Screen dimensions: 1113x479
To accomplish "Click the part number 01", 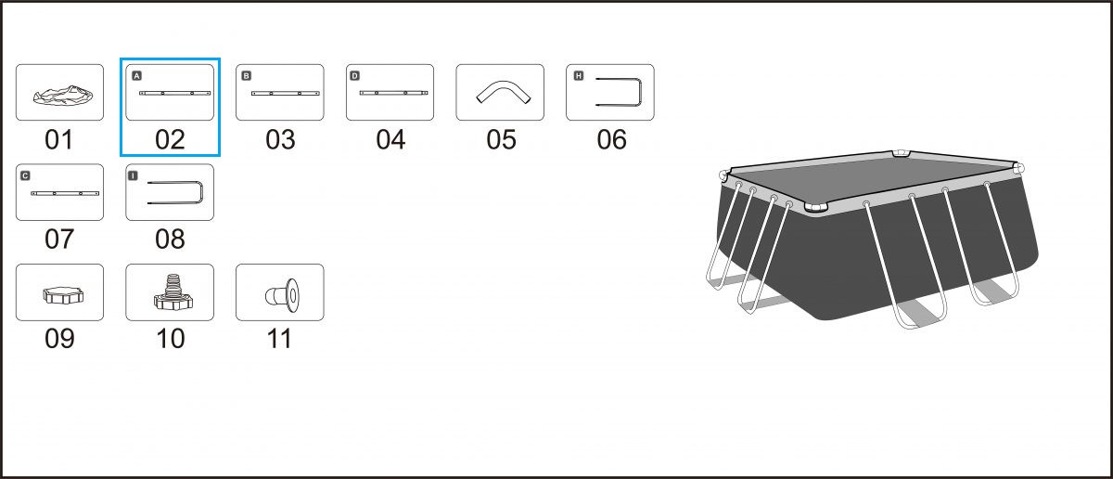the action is coord(59,140).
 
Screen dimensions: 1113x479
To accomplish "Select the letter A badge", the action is coord(137,75).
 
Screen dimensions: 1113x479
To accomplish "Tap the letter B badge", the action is coord(247,75).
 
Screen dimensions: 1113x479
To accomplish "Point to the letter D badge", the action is coord(354,75).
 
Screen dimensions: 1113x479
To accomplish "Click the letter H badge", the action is coord(579,75).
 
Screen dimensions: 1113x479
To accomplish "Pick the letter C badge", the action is coord(25,175).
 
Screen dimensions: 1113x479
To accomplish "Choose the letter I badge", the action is coord(133,175).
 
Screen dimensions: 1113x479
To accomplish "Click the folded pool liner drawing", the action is coord(63,96).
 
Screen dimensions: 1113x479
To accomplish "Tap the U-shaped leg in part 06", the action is coord(641,92).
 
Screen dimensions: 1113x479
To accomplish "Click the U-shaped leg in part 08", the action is coord(200,192).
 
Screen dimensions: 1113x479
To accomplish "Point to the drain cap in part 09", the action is coord(63,295).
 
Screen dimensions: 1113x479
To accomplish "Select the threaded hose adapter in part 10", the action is coord(173,293).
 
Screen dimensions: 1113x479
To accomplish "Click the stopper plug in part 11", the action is coord(282,295).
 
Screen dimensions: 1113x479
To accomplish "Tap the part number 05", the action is coord(502,140).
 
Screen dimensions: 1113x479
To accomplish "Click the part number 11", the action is coord(279,339).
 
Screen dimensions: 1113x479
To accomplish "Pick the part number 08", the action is coord(170,239).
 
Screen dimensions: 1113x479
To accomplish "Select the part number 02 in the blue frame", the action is coord(170,140).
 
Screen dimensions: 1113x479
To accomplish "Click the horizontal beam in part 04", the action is coord(393,93).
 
